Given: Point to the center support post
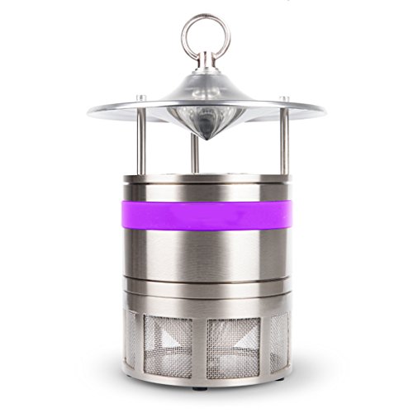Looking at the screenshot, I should [x=196, y=152].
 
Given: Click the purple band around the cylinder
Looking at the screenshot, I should [x=206, y=212].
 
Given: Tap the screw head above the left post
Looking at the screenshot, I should [x=141, y=98].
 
